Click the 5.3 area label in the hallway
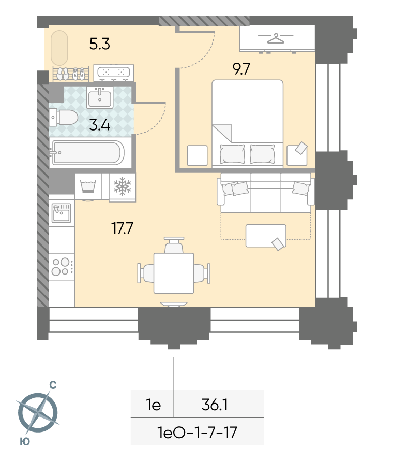click(x=100, y=44)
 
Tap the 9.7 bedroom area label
click(x=241, y=69)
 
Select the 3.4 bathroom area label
click(x=100, y=125)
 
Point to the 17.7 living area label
click(x=122, y=228)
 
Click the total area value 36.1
click(x=215, y=405)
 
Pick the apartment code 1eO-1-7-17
click(x=197, y=433)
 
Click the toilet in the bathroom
click(x=64, y=117)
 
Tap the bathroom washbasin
click(x=100, y=97)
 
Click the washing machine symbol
click(x=88, y=186)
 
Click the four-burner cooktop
click(x=62, y=267)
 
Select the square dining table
click(x=174, y=273)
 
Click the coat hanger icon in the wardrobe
click(x=276, y=38)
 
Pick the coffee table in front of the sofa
click(x=266, y=236)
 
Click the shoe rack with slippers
click(x=71, y=74)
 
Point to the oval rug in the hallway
click(x=59, y=48)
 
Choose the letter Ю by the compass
click(x=25, y=441)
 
